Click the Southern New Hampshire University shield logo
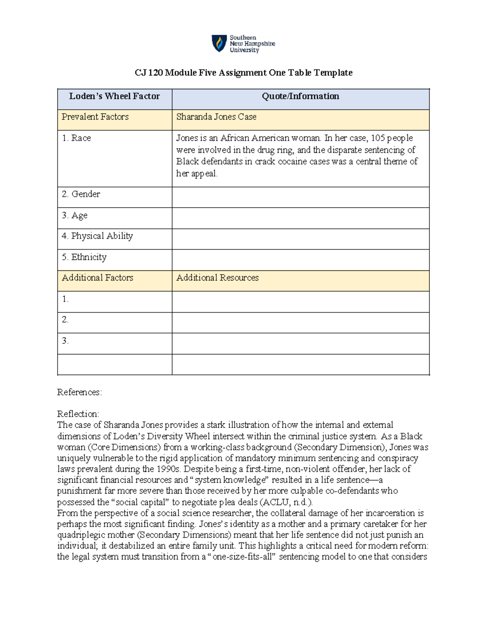point(219,43)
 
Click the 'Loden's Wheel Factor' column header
point(114,97)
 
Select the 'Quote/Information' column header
point(300,97)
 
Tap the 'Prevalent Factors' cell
point(95,117)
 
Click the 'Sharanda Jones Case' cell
point(216,117)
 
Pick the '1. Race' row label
point(76,138)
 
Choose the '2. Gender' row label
point(81,194)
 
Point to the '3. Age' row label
point(75,215)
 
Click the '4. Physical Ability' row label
point(97,236)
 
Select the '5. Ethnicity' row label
point(84,257)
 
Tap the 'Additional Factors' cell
point(97,278)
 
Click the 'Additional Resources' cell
point(218,278)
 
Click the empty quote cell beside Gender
point(300,197)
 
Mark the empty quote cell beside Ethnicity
point(300,260)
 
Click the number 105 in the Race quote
point(378,138)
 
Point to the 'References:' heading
point(80,392)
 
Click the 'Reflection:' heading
point(78,414)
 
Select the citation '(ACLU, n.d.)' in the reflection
point(287,502)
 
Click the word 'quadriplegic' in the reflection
point(80,535)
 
